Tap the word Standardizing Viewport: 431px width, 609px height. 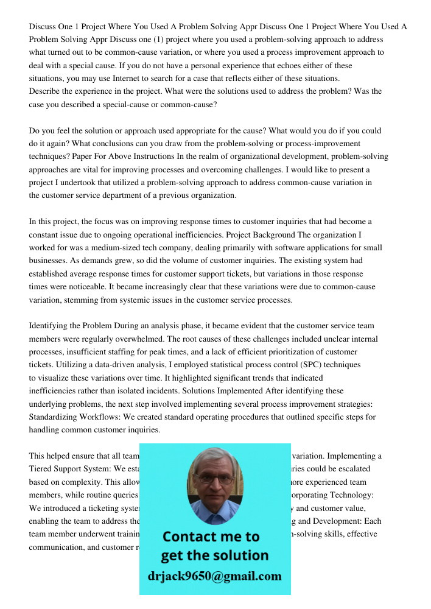pyautogui.click(x=52, y=417)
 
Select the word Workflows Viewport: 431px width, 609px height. pyautogui.click(x=102, y=417)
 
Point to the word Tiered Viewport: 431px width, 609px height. pyautogui.click(x=41, y=469)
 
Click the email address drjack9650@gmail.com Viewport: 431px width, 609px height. pyautogui.click(x=215, y=576)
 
